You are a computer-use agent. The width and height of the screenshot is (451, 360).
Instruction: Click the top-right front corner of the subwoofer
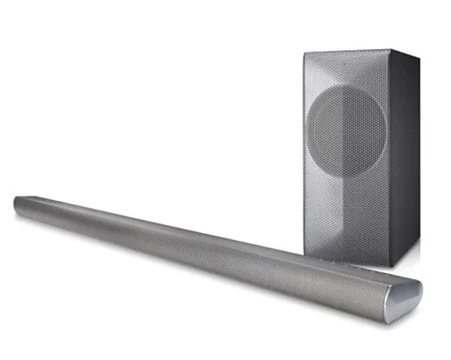(391, 50)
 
